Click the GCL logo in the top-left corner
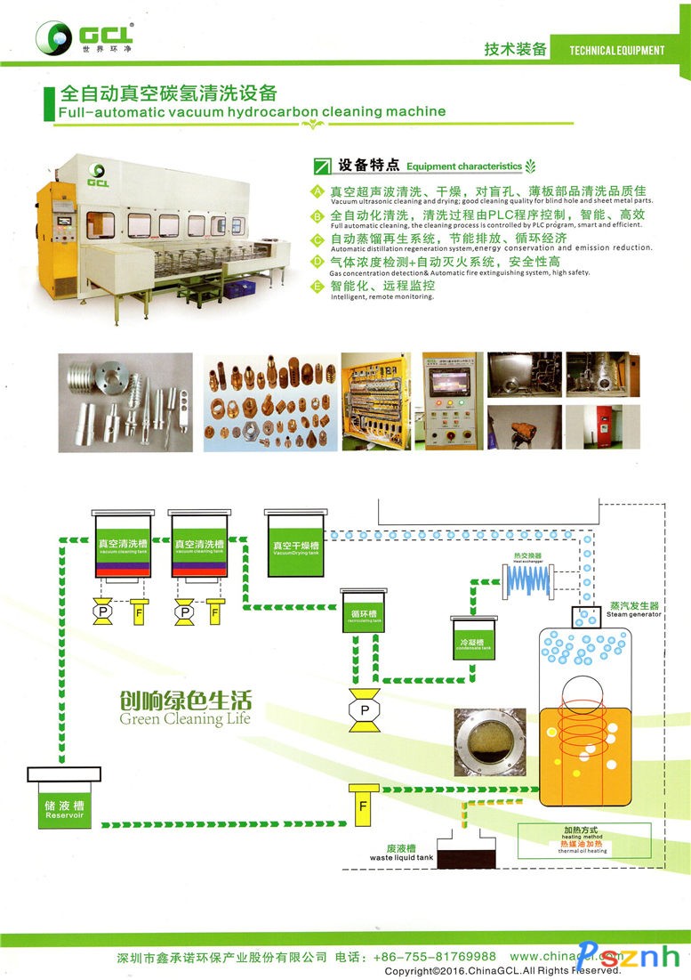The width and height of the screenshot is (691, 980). (84, 36)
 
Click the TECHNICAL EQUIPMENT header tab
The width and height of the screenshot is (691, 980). (616, 50)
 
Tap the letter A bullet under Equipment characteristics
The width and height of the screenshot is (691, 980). (317, 191)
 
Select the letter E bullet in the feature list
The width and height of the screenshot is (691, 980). (317, 285)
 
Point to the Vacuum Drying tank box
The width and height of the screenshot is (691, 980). (296, 545)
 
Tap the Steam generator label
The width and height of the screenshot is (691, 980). (634, 610)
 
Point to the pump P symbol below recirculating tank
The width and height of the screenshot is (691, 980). (364, 710)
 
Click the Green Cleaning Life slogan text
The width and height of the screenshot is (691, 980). (185, 708)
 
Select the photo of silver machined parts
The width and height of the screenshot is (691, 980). (125, 401)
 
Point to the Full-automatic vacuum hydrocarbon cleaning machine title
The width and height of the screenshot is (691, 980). (251, 112)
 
